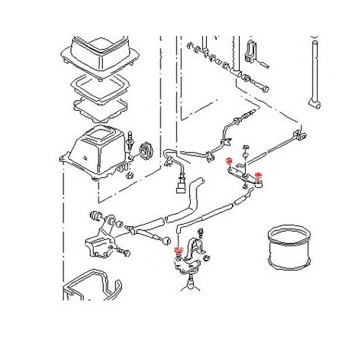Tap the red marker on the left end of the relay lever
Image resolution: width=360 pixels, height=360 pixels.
(229, 161)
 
